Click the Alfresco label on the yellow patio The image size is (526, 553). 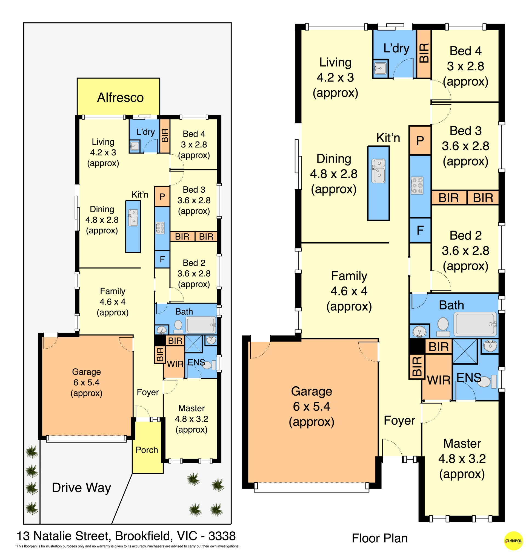[x=120, y=97]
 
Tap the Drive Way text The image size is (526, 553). [x=81, y=488]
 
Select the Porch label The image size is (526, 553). [x=147, y=450]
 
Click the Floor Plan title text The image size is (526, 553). [x=380, y=538]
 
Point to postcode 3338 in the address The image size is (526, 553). [x=222, y=536]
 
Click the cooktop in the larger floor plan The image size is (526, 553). [x=417, y=185]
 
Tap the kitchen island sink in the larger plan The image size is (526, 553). [x=379, y=171]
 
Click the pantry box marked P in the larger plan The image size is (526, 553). [x=420, y=140]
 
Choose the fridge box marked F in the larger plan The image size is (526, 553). [x=420, y=230]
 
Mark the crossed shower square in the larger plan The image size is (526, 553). [x=465, y=351]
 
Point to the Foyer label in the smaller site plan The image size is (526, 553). [x=148, y=392]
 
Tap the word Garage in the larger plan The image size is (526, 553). [x=311, y=392]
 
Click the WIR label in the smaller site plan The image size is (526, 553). [x=175, y=364]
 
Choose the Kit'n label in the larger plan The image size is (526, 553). [x=388, y=138]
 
